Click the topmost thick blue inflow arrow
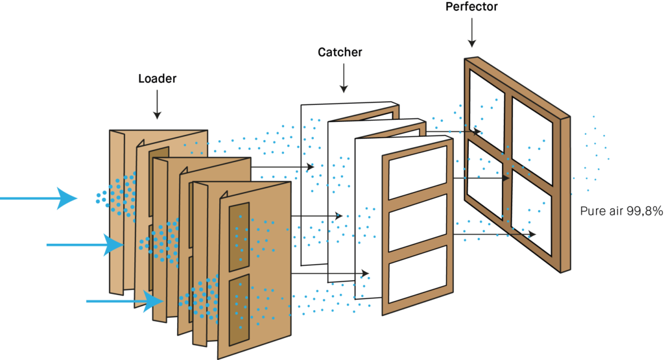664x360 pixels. tap(39, 198)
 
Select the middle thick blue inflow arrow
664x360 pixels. tap(84, 245)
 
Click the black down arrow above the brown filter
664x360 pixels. tap(157, 104)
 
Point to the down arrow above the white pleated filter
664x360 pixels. tap(344, 78)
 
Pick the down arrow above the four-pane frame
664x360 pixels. tap(471, 32)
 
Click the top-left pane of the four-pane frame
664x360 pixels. tap(486, 109)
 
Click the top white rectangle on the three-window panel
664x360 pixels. tap(418, 172)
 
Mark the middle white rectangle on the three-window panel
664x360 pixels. tap(418, 222)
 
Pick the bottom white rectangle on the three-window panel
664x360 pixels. tap(418, 274)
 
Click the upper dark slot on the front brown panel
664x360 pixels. tap(239, 236)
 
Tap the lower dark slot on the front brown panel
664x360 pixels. tap(239, 309)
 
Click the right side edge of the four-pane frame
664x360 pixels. tap(565, 195)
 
